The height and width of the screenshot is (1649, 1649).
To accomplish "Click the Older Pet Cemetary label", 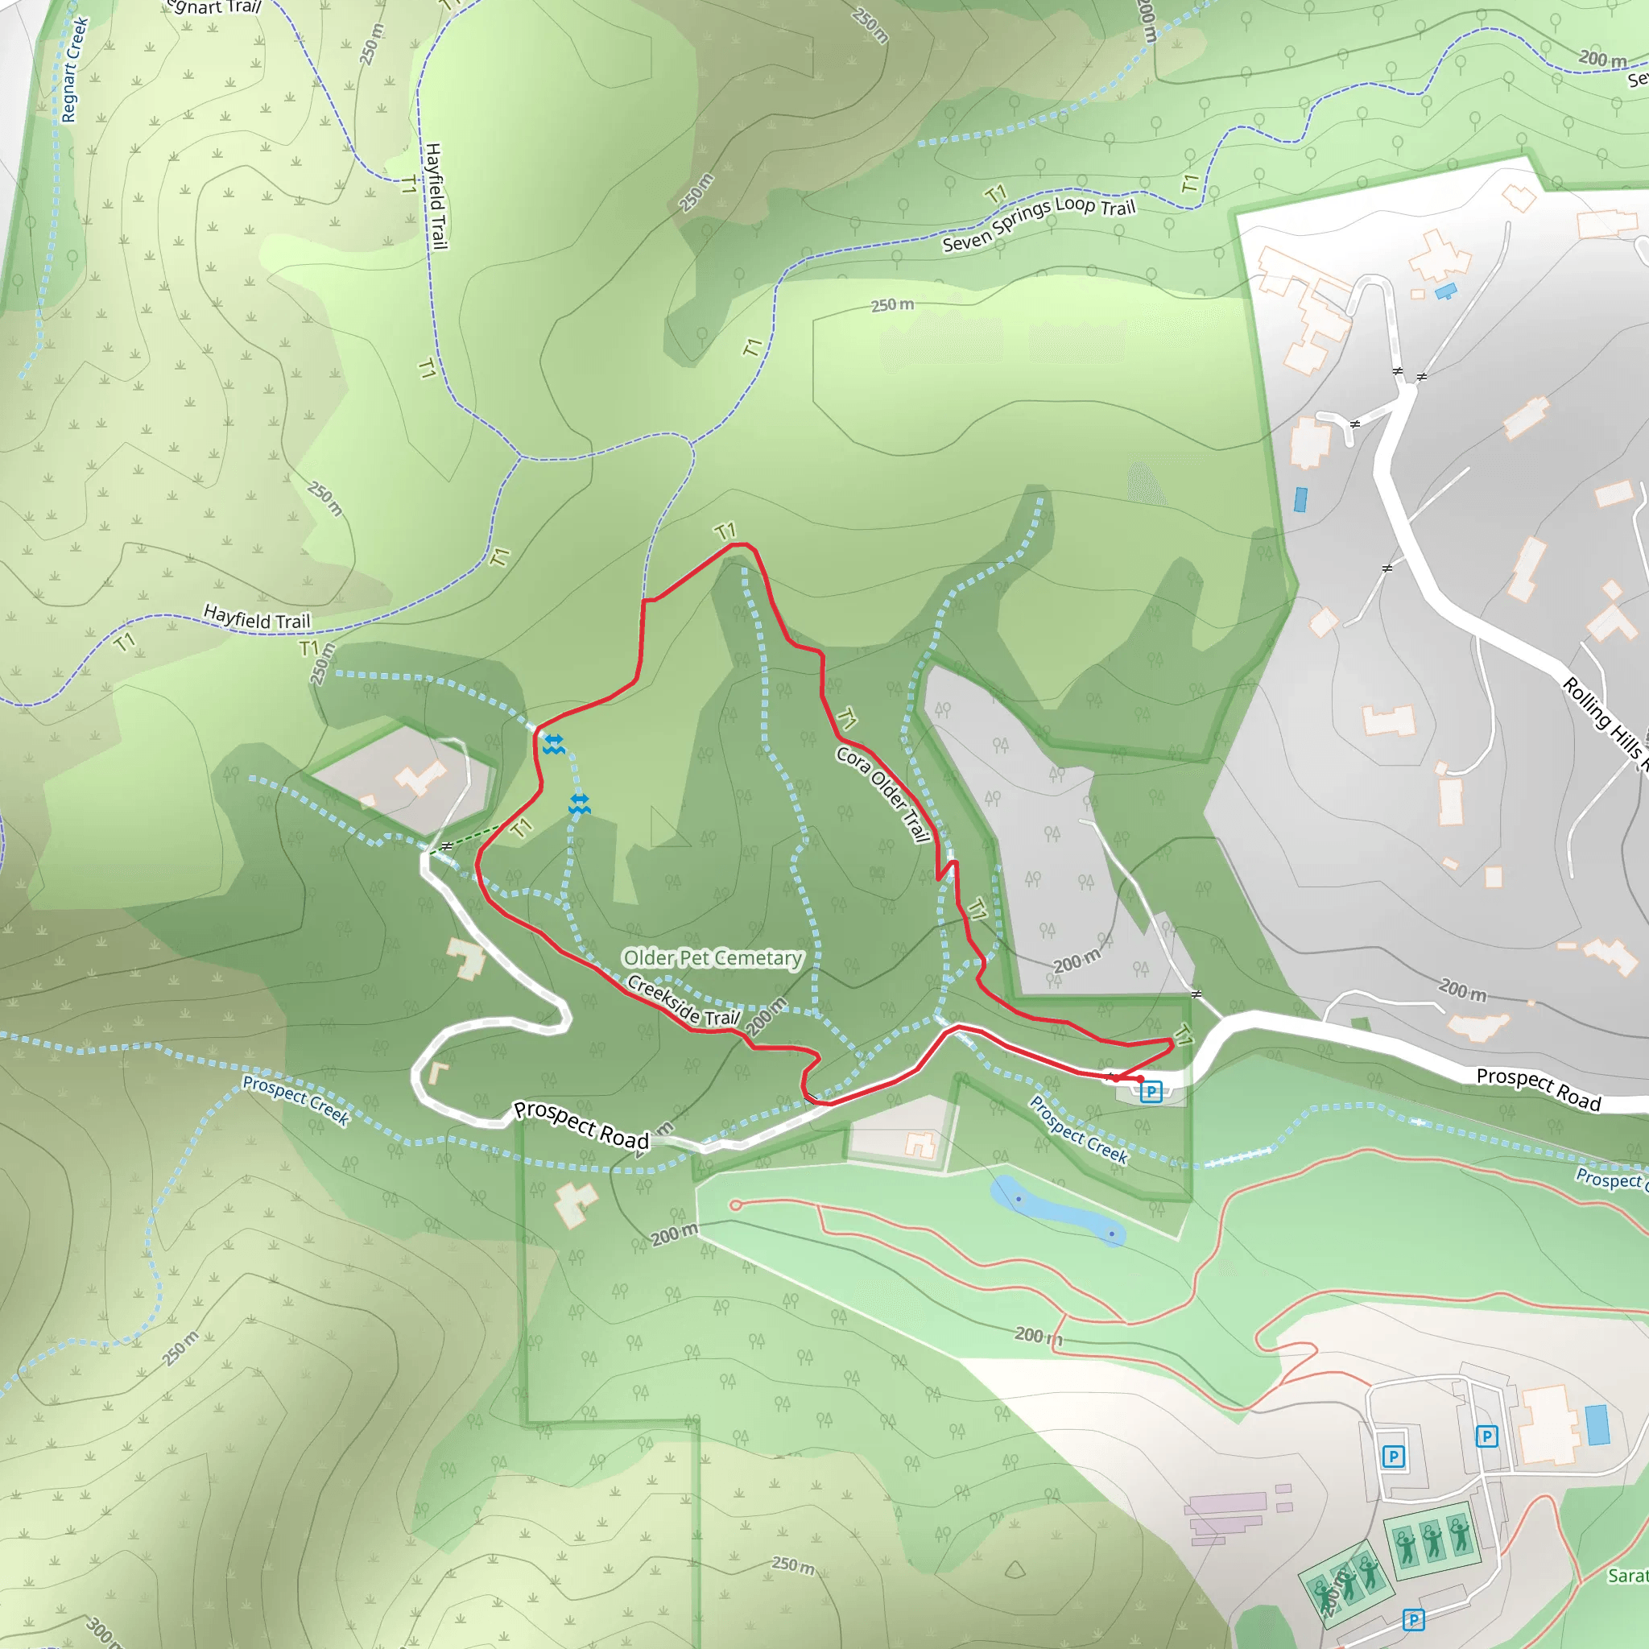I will click(713, 957).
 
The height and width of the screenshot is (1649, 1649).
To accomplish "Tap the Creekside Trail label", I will click(683, 1001).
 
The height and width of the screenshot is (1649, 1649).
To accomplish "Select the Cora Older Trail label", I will click(882, 795).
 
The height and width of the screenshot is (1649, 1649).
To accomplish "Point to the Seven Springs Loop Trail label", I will click(1039, 225).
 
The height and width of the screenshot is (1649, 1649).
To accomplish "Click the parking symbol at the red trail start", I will click(1151, 1091).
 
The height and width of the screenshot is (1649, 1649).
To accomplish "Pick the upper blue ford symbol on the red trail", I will click(554, 744).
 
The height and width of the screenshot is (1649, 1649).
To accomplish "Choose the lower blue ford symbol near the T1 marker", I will click(580, 803).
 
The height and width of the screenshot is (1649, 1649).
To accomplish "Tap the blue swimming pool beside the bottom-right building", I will click(1597, 1424).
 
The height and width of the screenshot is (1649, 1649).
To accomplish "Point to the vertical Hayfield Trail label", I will click(436, 196).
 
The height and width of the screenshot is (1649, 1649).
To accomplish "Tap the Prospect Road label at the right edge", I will click(1538, 1090).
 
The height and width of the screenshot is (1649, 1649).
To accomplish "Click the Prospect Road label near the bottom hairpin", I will click(581, 1124).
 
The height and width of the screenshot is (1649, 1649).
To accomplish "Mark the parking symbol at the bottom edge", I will click(1413, 1619).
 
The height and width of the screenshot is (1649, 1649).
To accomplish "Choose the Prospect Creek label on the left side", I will click(295, 1099).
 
